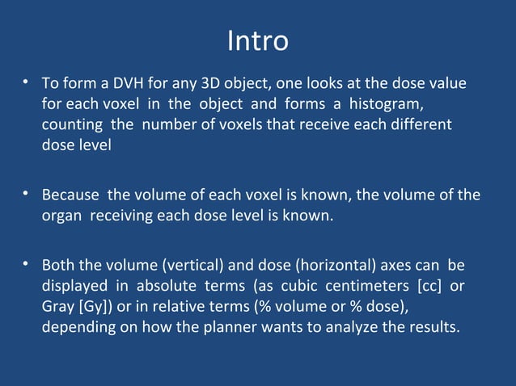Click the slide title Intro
(257, 40)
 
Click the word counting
(70, 126)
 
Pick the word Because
(71, 195)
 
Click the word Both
(57, 265)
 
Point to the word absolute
(164, 286)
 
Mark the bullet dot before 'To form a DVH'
(27, 82)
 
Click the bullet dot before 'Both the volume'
(27, 263)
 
